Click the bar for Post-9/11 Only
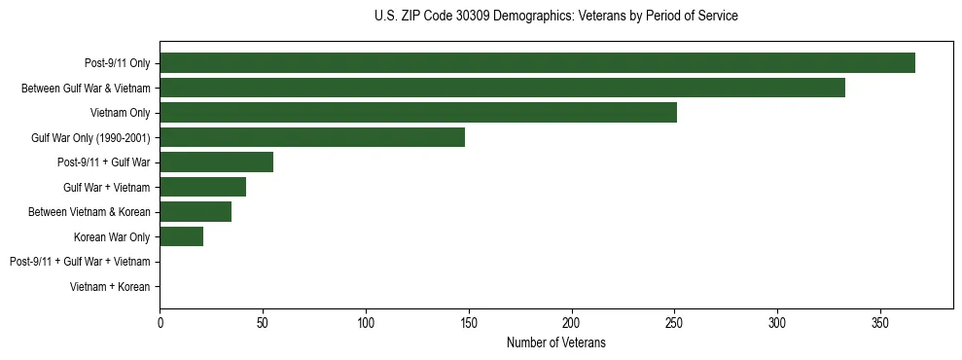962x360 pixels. coord(537,63)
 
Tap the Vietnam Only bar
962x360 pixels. coord(418,113)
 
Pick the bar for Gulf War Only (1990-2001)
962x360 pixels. coord(312,137)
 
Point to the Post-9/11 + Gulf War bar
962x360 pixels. coord(216,162)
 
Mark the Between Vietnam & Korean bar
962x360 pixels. coord(196,212)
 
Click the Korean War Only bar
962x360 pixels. coord(181,236)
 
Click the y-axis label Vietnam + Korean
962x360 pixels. coord(110,287)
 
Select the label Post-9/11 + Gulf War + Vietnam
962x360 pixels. coord(80,262)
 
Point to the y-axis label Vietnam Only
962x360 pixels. coord(120,113)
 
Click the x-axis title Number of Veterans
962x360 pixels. coord(555,342)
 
